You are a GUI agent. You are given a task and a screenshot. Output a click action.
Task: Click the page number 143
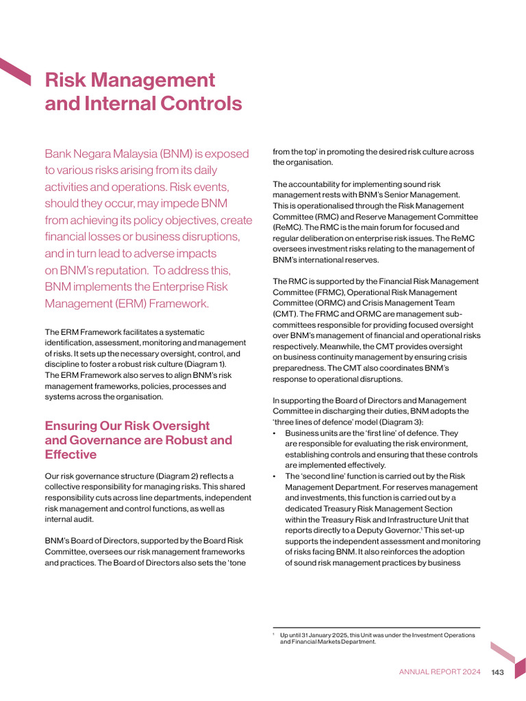(497, 672)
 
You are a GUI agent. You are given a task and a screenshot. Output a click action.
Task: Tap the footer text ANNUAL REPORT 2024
(440, 672)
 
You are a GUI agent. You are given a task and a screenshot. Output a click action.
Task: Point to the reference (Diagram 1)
(203, 364)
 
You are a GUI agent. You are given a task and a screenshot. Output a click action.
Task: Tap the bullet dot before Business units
(275, 433)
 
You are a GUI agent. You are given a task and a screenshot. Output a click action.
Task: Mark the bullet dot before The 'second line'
(275, 476)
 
